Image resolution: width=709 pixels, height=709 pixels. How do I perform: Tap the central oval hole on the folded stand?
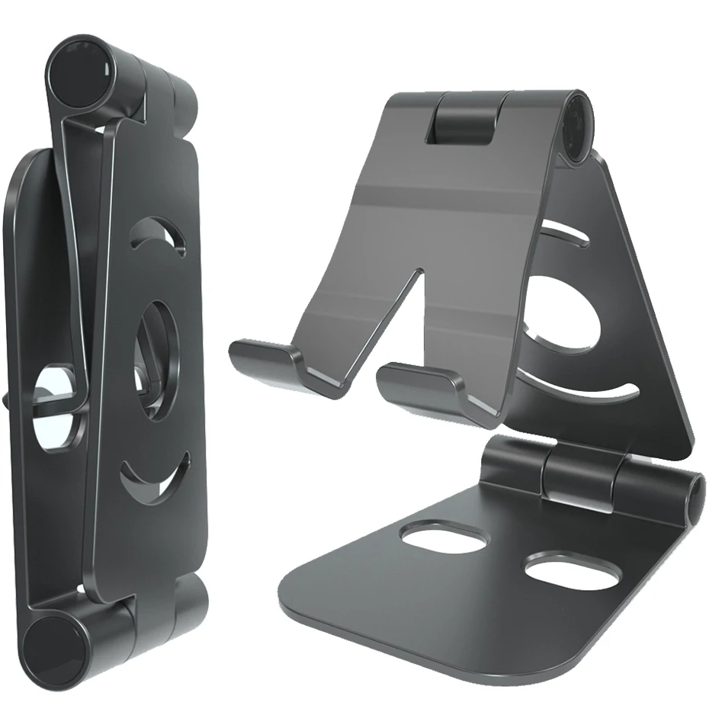(x=156, y=358)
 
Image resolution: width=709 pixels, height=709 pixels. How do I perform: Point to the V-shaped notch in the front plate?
(x=396, y=320)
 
